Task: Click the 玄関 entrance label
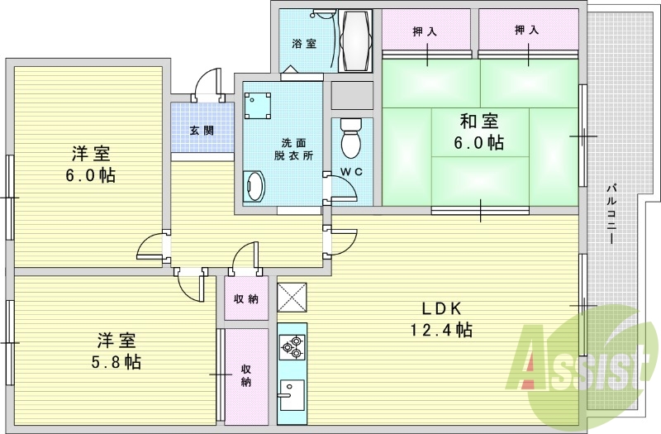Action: (x=201, y=130)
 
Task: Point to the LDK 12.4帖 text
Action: (x=446, y=319)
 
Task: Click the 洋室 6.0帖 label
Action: (x=92, y=164)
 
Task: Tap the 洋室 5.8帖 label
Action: (x=118, y=351)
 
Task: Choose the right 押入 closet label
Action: (x=527, y=31)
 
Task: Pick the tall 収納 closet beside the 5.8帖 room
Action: (x=246, y=375)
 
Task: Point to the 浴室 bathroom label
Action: (x=304, y=44)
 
